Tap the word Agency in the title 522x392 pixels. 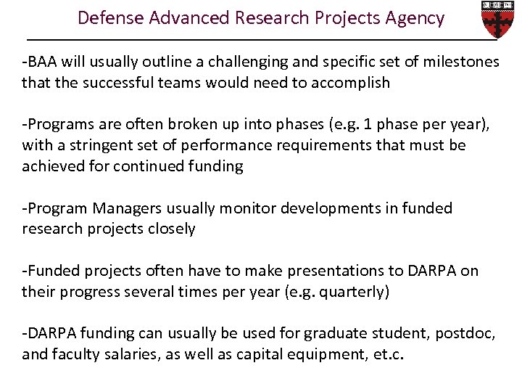click(x=414, y=18)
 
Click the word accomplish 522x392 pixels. click(x=350, y=83)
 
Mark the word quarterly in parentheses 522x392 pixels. click(x=358, y=292)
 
